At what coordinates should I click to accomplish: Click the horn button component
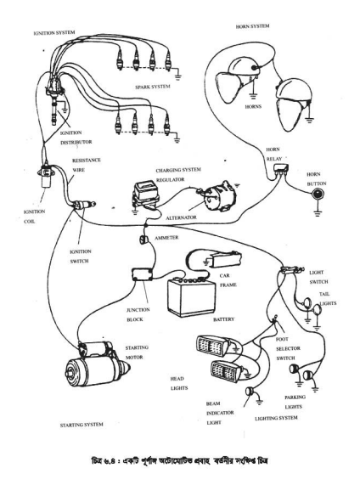pyautogui.click(x=318, y=195)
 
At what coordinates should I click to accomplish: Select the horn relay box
pyautogui.click(x=281, y=169)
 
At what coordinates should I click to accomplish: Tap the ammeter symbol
pyautogui.click(x=144, y=239)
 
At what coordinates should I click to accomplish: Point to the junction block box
pyautogui.click(x=143, y=274)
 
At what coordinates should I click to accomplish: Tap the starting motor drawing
pyautogui.click(x=98, y=364)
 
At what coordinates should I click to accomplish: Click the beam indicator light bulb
pyautogui.click(x=250, y=392)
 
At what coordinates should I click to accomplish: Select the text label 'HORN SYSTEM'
pyautogui.click(x=252, y=26)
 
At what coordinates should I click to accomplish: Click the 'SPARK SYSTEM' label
pyautogui.click(x=153, y=87)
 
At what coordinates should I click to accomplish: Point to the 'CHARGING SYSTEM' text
pyautogui.click(x=178, y=170)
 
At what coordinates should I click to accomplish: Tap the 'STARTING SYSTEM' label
pyautogui.click(x=82, y=425)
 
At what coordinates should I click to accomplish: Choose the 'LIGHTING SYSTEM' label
pyautogui.click(x=276, y=418)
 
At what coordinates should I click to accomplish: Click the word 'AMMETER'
pyautogui.click(x=166, y=238)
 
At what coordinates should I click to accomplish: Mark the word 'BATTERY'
pyautogui.click(x=223, y=319)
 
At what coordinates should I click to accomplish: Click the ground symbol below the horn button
pyautogui.click(x=318, y=213)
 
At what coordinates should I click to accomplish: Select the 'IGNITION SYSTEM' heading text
pyautogui.click(x=54, y=32)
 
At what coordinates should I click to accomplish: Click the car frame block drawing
pyautogui.click(x=224, y=259)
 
